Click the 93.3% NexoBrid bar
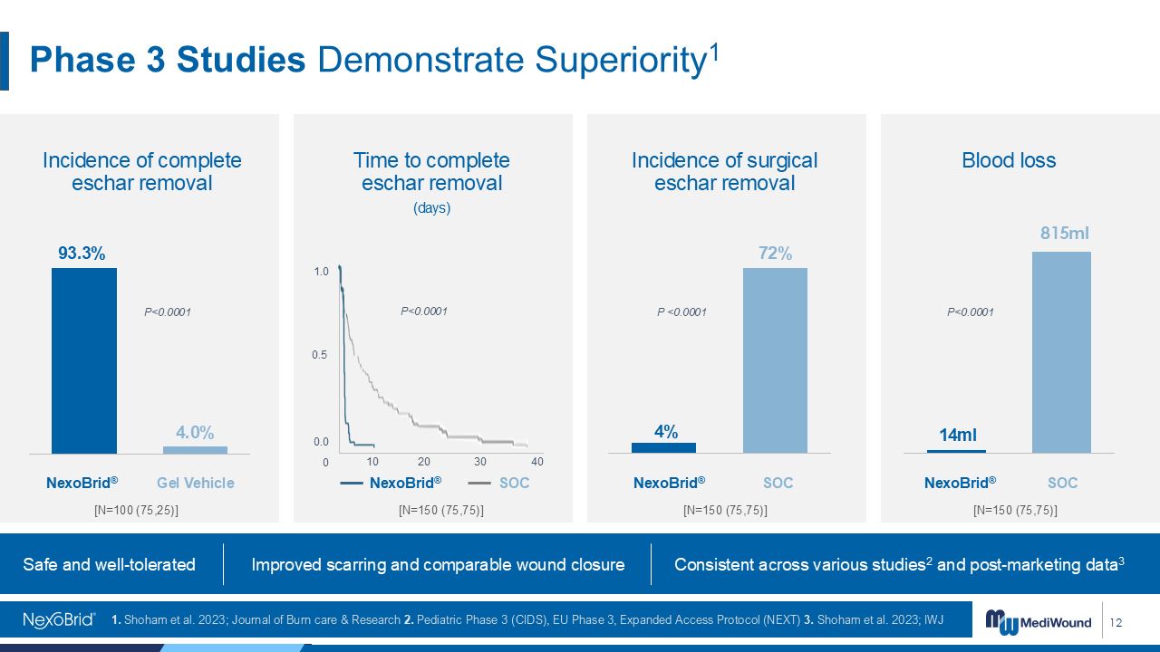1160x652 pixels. [84, 360]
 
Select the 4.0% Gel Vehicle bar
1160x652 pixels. [195, 449]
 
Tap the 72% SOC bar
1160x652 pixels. [775, 360]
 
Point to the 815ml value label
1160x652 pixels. [1064, 234]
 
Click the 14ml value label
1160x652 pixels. [957, 436]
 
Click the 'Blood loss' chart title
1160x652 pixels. [1009, 161]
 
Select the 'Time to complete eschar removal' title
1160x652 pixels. [431, 172]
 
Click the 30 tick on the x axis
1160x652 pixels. [480, 462]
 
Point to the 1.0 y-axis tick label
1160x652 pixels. [322, 272]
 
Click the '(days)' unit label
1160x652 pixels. [431, 208]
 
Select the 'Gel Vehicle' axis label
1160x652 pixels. [196, 484]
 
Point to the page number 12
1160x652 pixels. [1116, 622]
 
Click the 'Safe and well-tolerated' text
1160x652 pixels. [110, 565]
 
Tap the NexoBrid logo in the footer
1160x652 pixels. [59, 620]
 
